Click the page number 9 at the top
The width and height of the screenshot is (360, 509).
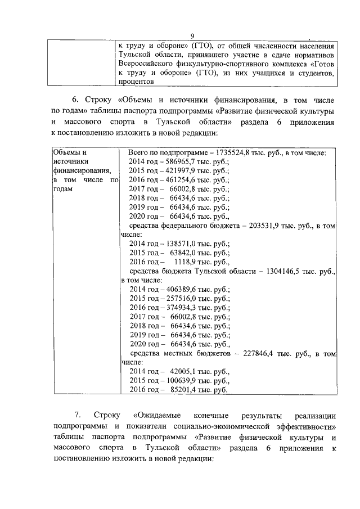point(192,36)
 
